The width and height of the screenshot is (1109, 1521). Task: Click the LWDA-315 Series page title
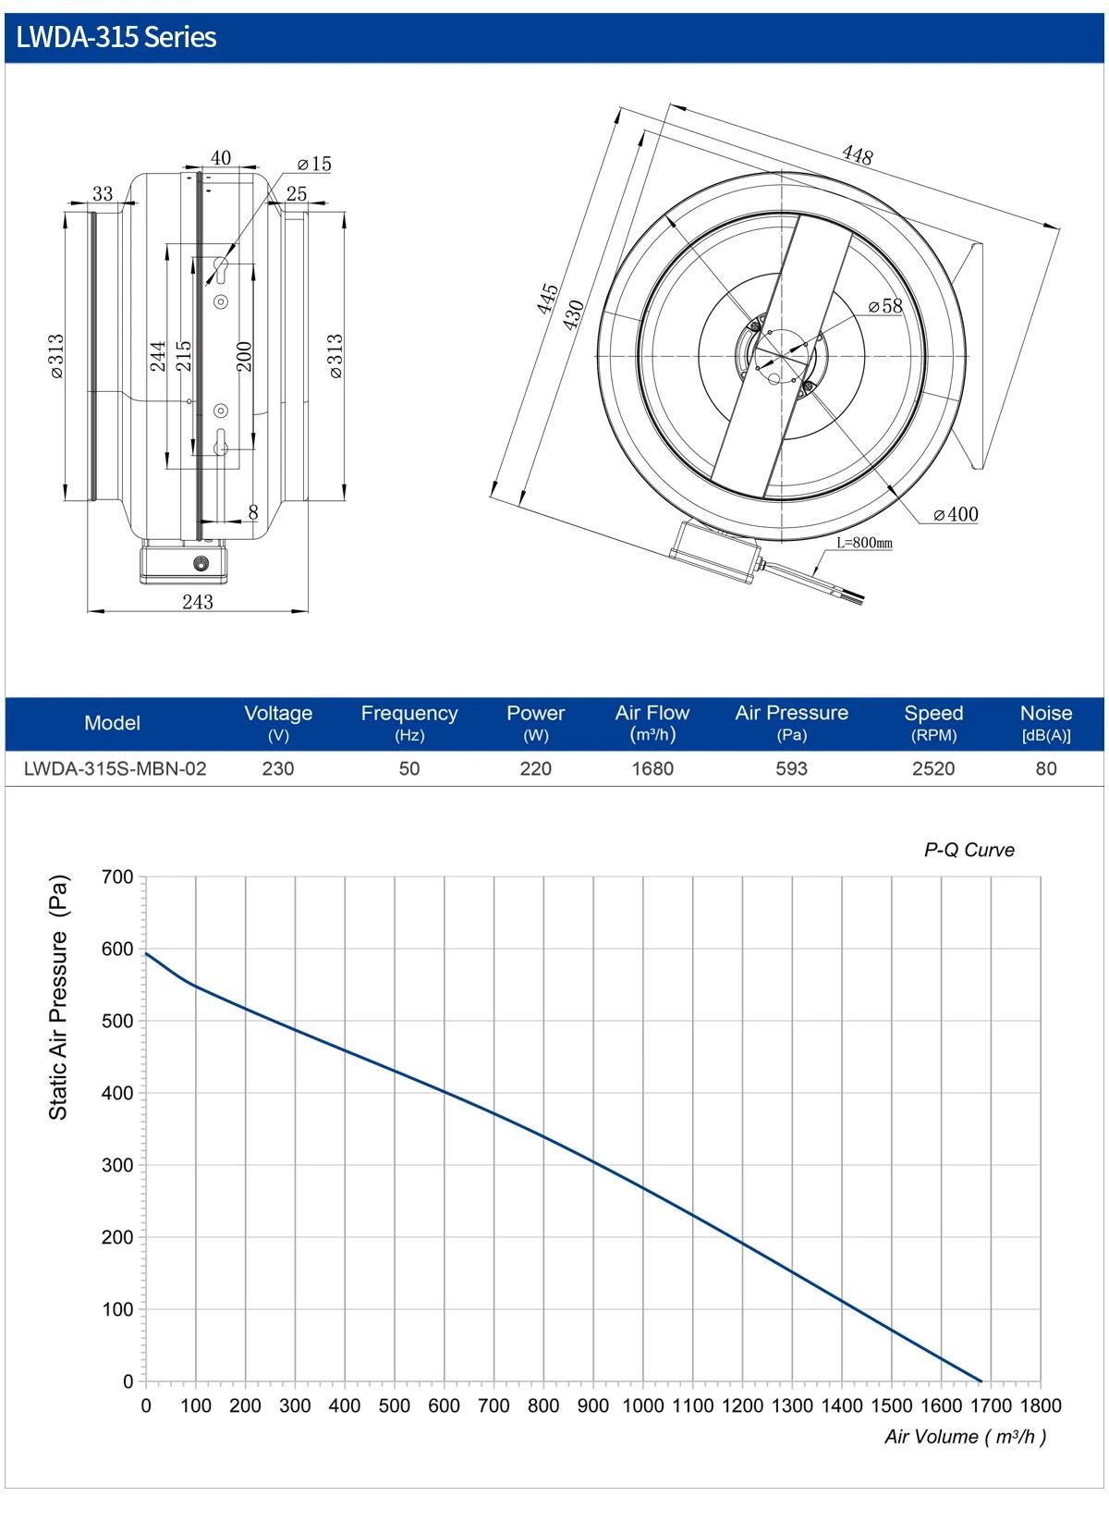[x=116, y=37]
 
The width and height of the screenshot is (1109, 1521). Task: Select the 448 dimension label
[x=858, y=154]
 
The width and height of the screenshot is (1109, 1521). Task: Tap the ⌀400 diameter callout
[x=956, y=514]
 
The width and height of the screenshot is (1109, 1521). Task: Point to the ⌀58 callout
[x=885, y=306]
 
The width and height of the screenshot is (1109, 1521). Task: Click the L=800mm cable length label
[x=864, y=543]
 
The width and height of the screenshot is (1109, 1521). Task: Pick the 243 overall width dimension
[x=198, y=602]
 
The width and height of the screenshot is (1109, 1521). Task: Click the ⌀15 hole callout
[x=314, y=164]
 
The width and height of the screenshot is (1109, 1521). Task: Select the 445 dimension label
[x=547, y=299]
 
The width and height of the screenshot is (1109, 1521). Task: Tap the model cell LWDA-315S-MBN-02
[x=115, y=768]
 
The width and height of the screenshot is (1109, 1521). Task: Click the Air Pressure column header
[x=791, y=722]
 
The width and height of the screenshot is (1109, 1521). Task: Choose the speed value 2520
[x=933, y=768]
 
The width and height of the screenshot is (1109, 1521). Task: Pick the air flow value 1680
[x=652, y=768]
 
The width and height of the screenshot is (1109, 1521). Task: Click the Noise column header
[x=1046, y=722]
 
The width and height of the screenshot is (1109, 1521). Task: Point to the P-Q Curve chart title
[x=969, y=850]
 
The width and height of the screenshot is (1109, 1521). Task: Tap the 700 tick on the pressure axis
[x=117, y=877]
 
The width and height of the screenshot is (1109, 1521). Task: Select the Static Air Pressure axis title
[x=59, y=998]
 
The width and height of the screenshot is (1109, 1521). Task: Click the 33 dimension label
[x=103, y=193]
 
